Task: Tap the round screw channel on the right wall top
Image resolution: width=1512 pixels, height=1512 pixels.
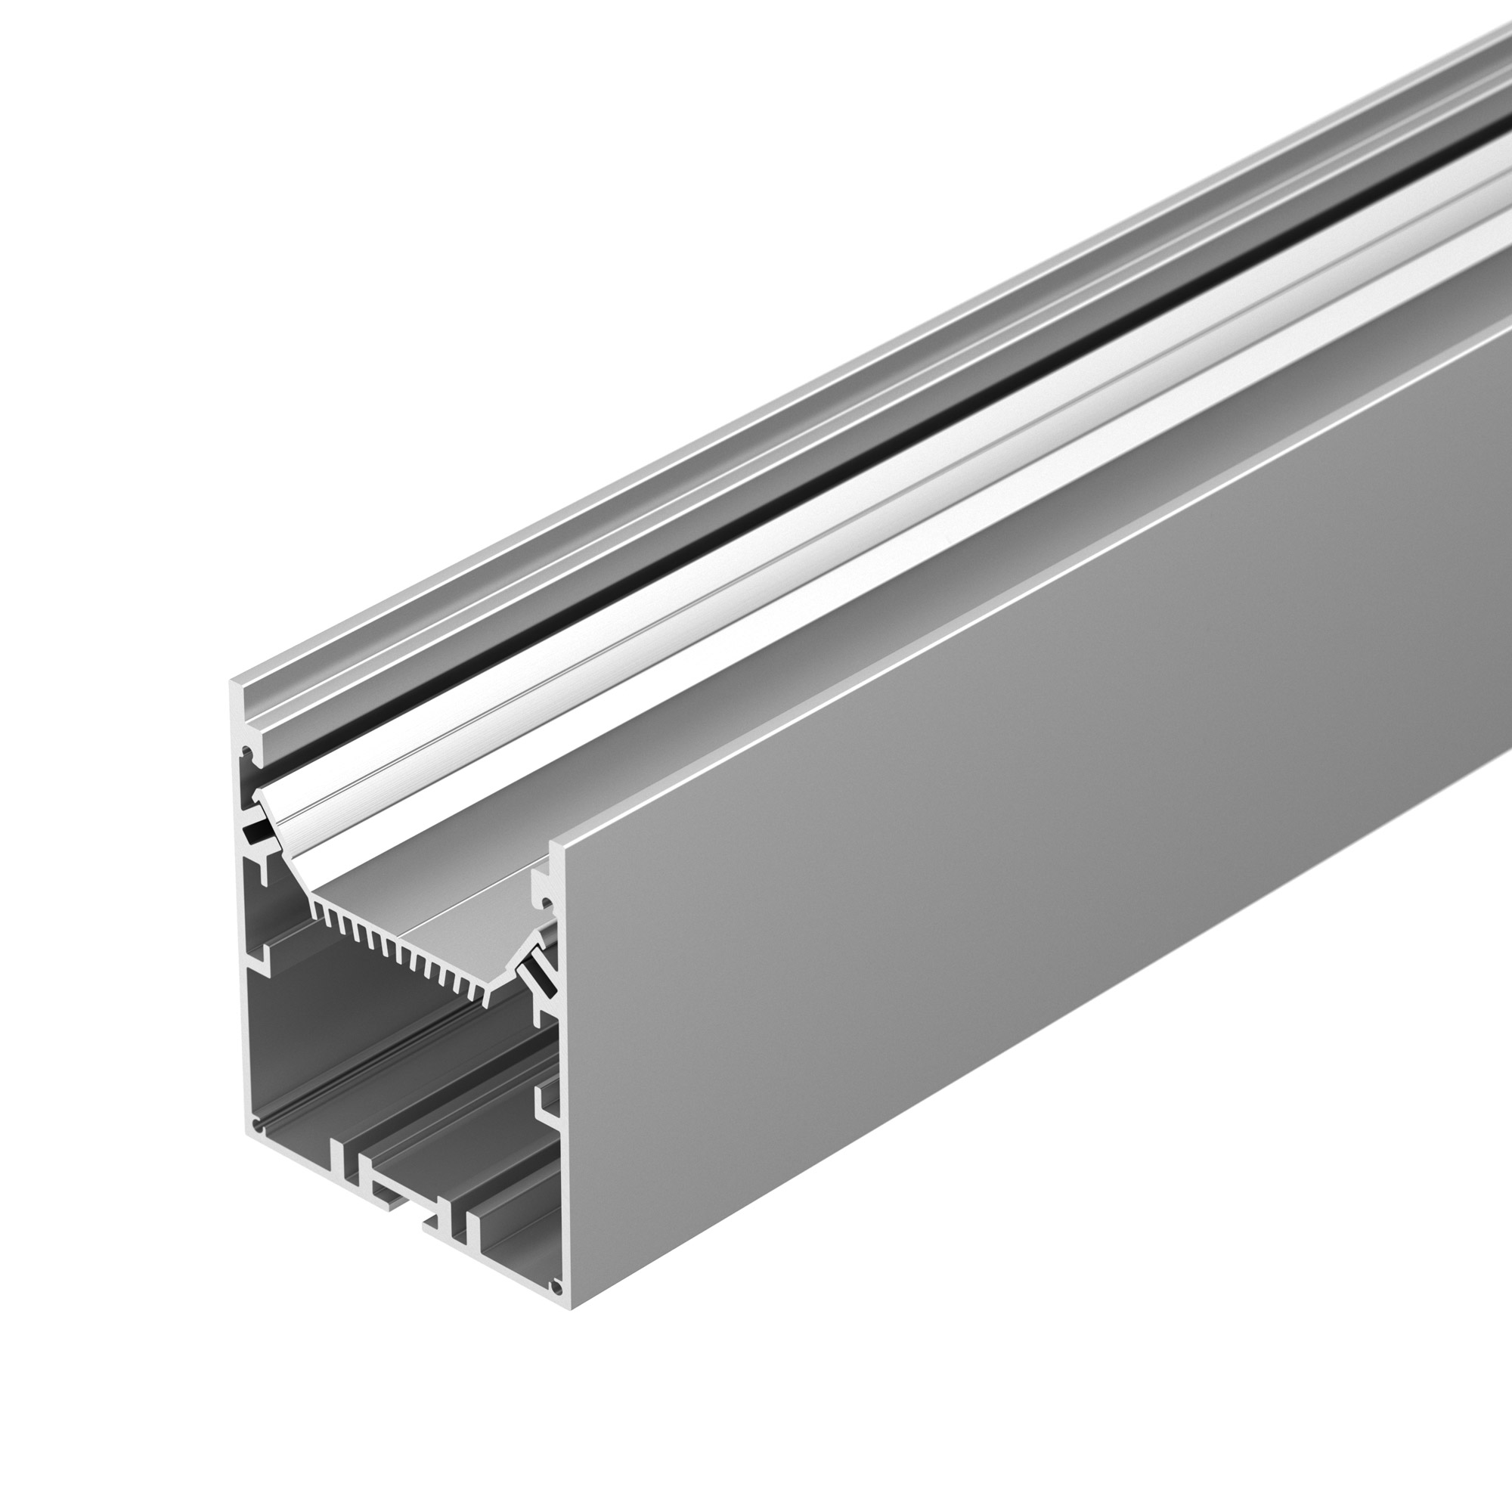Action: coord(548,906)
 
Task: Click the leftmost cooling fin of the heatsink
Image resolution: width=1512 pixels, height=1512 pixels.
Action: coord(317,909)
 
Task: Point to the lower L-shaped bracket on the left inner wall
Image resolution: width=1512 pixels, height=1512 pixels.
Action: coord(259,957)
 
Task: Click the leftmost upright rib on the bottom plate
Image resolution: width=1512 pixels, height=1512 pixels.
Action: coord(337,1159)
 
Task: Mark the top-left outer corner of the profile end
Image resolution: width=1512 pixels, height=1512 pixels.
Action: coord(232,683)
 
